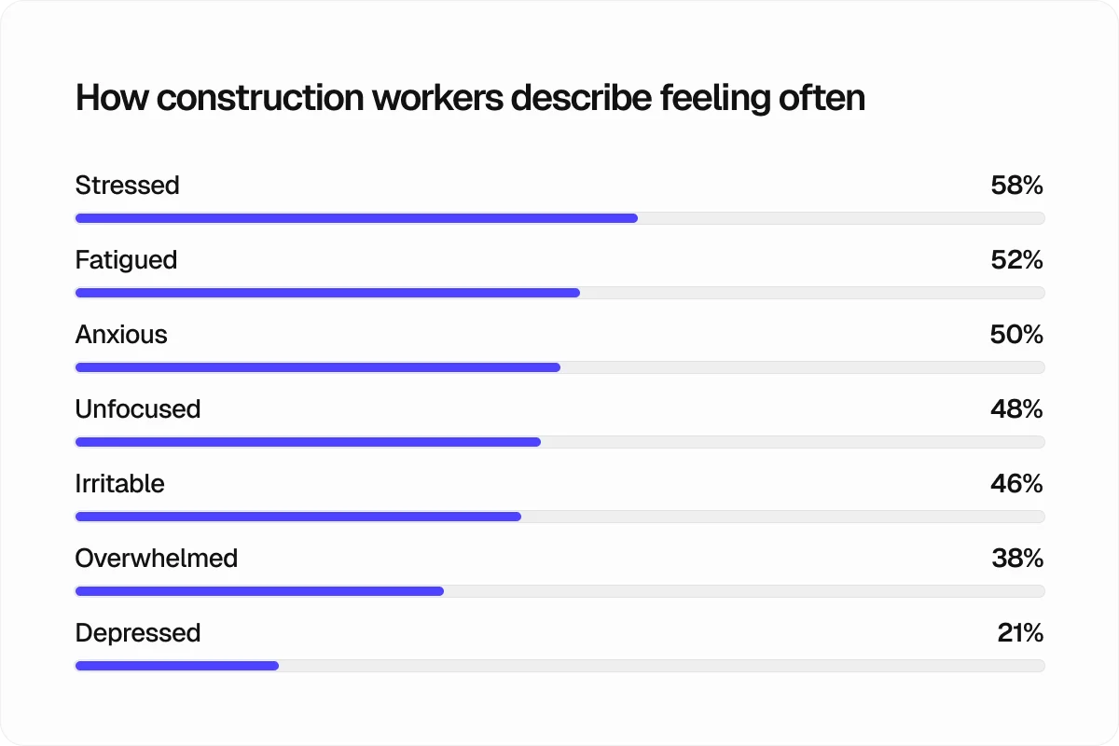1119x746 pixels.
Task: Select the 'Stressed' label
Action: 127,186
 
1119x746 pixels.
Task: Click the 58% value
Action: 1016,186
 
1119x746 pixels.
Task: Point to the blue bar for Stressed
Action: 356,218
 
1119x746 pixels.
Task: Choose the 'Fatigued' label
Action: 126,260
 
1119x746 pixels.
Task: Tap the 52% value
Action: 1016,260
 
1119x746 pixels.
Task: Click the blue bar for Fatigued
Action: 327,293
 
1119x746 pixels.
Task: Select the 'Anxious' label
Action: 121,335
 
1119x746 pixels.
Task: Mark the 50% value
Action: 1016,335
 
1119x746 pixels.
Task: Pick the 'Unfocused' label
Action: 138,409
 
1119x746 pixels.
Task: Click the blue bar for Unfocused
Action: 308,442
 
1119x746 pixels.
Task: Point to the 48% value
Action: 1016,409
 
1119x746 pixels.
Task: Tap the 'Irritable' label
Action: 119,484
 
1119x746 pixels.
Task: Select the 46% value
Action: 1016,484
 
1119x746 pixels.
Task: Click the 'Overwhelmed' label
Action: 157,559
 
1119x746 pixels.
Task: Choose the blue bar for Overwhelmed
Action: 259,591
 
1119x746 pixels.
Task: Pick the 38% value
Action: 1017,559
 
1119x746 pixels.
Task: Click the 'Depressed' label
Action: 138,633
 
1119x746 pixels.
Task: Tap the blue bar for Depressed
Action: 177,666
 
